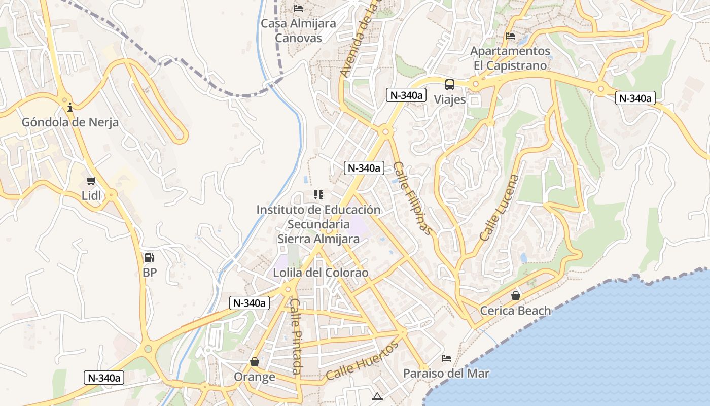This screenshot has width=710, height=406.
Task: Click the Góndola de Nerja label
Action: pos(70,122)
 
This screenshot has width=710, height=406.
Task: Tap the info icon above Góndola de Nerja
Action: pos(70,107)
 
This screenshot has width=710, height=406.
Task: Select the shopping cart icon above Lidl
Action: pos(91,181)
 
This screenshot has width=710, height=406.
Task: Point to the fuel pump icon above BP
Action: pos(149,258)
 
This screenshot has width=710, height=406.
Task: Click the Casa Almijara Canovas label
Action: pos(298,30)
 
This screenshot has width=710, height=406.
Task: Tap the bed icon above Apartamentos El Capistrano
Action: pos(510,36)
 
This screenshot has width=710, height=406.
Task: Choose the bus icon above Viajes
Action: pos(450,85)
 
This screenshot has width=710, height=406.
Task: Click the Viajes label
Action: pos(450,99)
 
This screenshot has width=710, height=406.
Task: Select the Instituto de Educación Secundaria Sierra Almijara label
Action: pos(318,224)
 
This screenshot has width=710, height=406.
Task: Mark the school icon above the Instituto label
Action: pos(318,194)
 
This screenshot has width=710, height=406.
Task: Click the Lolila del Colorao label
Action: pos(321,273)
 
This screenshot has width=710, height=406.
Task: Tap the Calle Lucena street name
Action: pos(500,208)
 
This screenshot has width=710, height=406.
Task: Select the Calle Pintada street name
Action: pos(296,336)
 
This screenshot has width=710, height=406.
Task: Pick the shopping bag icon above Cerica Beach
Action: pos(516,296)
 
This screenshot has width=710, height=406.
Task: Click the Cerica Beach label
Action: pos(515,311)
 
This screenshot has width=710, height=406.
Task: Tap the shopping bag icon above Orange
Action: pos(255,362)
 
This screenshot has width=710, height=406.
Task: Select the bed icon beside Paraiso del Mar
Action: pos(446,358)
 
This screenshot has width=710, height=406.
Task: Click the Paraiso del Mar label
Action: pos(446,374)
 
